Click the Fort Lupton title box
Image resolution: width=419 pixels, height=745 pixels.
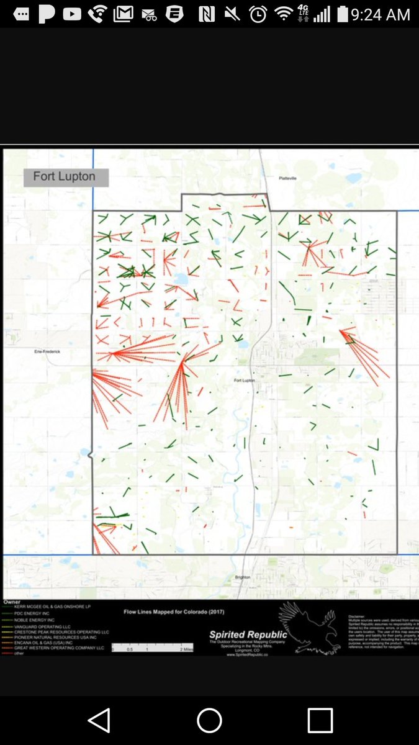pos(65,177)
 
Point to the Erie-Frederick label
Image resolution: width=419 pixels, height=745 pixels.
pos(47,351)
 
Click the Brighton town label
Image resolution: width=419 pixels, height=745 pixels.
pos(242,577)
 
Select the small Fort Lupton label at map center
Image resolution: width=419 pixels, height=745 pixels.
pos(245,380)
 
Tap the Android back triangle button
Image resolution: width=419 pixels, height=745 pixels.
pos(99,720)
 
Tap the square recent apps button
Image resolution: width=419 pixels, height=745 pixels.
pos(320,720)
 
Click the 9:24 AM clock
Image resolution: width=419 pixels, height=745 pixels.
pos(381,14)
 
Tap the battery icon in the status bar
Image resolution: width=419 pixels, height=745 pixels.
pos(342,14)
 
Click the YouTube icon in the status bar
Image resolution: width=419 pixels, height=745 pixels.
pos(72,14)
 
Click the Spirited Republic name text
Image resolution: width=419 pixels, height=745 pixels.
pos(248,634)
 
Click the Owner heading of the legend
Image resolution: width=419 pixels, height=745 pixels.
pos(12,602)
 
